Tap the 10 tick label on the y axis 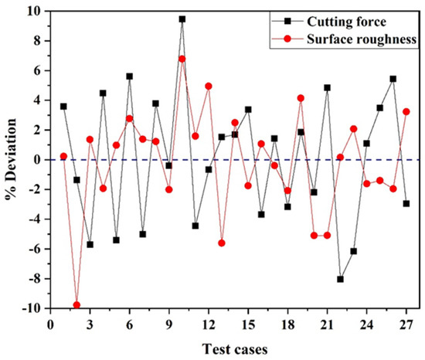click(x=30, y=11)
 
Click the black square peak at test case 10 click(x=182, y=19)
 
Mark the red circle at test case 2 click(x=76, y=305)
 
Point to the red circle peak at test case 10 click(x=182, y=59)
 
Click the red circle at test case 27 click(x=406, y=112)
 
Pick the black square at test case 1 click(x=63, y=107)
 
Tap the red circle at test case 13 click(x=222, y=243)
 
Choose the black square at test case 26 click(x=393, y=79)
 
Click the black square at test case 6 click(x=130, y=76)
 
